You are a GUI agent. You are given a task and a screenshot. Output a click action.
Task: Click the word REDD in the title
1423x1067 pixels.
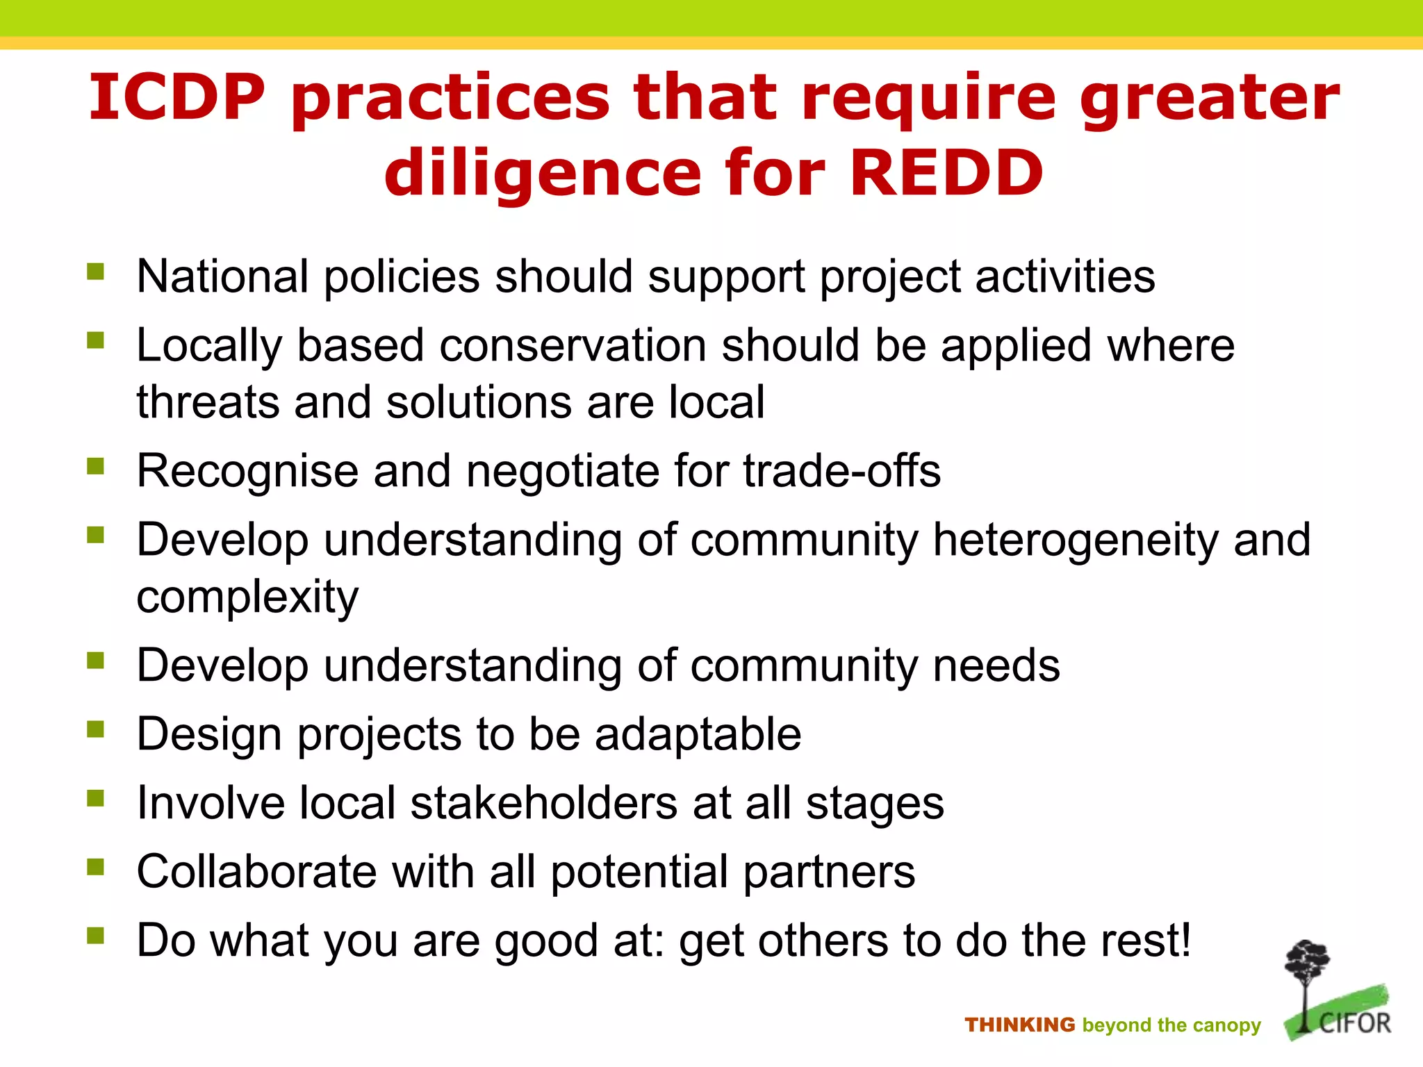click(x=946, y=173)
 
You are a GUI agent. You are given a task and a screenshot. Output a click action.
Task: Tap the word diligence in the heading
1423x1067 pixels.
click(x=543, y=173)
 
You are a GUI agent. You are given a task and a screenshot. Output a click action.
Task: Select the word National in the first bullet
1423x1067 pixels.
click(x=222, y=276)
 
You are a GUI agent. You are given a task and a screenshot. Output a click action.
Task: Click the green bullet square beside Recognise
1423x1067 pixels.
click(x=95, y=466)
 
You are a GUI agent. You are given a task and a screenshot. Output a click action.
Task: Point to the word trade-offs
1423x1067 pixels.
click(x=841, y=471)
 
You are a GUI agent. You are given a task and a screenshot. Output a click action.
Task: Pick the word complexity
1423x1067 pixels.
click(x=247, y=597)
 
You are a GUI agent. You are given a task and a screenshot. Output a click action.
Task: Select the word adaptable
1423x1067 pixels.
click(x=698, y=734)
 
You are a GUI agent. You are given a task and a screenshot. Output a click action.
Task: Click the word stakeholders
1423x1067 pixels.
click(x=543, y=803)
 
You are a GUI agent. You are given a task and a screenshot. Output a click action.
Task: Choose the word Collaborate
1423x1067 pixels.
click(x=256, y=872)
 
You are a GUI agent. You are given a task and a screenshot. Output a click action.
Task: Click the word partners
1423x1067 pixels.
click(x=829, y=872)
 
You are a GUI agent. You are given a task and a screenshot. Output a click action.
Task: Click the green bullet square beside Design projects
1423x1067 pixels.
click(x=95, y=729)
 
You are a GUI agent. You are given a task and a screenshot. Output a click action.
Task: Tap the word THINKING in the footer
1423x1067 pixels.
click(x=1019, y=1025)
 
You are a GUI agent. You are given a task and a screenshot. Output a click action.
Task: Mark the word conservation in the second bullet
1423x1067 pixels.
click(x=573, y=345)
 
